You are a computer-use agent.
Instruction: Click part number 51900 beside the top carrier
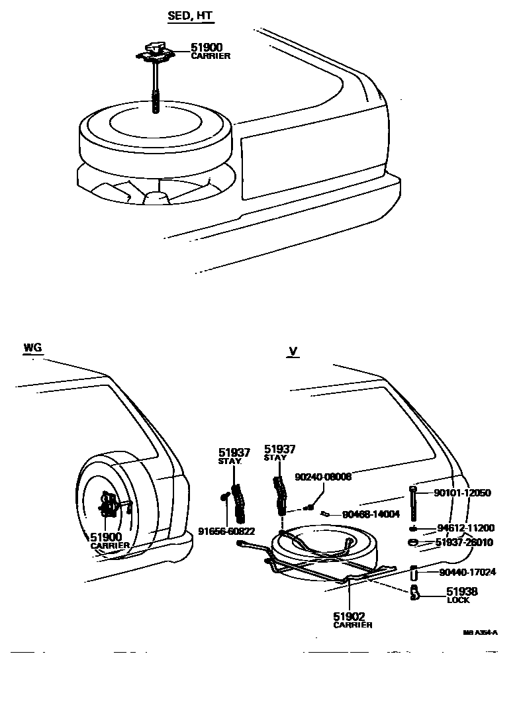coord(207,48)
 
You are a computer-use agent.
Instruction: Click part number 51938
coord(461,591)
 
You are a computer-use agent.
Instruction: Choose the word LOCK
coord(458,600)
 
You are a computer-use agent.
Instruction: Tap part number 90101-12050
coord(463,493)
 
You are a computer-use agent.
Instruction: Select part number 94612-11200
coord(465,528)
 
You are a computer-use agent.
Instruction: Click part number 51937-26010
coord(464,542)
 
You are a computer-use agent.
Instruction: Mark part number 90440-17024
coord(467,572)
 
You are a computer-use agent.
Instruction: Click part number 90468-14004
coord(371,514)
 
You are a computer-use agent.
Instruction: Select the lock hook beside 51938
coord(414,592)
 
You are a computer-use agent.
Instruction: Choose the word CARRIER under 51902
coord(352,625)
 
